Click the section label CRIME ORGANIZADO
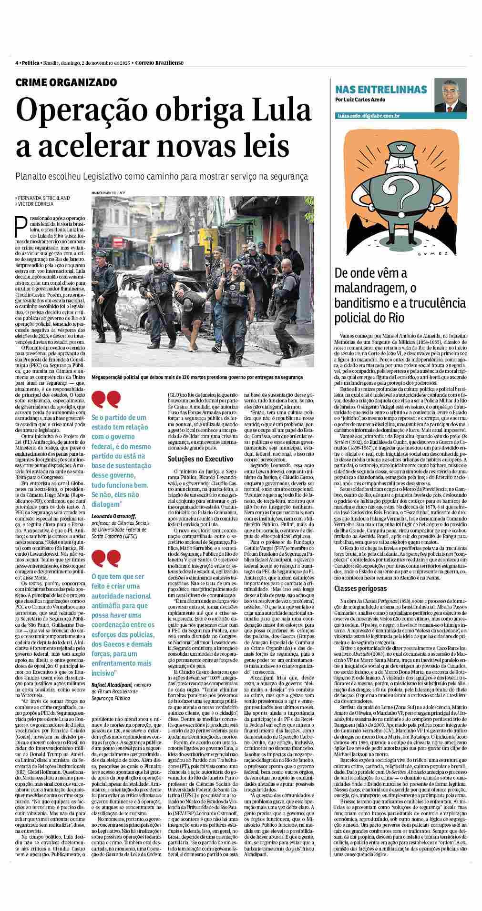tap(66, 82)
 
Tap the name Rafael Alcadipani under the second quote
tap(112, 684)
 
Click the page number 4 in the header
tap(17, 63)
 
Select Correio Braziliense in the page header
tap(160, 63)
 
